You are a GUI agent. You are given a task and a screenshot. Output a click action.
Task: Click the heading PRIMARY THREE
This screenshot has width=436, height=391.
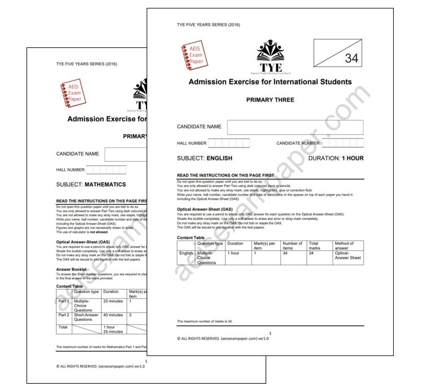point(270,100)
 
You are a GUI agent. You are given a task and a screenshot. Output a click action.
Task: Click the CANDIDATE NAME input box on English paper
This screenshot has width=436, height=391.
point(295,127)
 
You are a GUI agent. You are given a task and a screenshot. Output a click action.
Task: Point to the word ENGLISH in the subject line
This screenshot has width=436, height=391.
point(219,159)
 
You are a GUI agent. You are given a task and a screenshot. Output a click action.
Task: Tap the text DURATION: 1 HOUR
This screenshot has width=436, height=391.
point(336,159)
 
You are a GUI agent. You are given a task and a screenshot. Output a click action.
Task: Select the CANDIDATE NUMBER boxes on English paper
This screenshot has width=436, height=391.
point(342,143)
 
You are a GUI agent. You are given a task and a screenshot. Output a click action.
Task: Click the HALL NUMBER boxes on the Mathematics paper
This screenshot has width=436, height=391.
point(107,170)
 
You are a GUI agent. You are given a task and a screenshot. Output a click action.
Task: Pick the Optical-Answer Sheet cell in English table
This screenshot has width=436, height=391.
point(349,257)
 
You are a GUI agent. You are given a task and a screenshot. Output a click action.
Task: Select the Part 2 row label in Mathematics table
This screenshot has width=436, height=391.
point(64,315)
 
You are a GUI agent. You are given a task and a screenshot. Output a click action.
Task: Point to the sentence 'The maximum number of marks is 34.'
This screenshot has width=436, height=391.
point(205,321)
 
